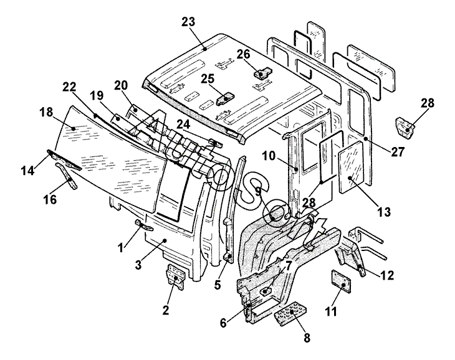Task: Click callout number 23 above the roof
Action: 188,22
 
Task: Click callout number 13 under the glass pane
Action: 384,212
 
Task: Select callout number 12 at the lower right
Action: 387,275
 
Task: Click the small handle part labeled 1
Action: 145,225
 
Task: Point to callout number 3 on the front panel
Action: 138,264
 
